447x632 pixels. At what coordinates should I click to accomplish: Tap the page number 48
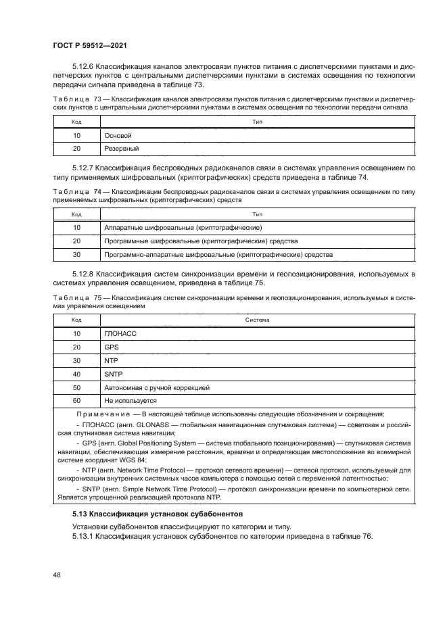[57, 575]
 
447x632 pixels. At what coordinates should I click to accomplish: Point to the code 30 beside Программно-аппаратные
[76, 254]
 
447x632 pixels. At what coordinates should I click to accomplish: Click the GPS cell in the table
[112, 347]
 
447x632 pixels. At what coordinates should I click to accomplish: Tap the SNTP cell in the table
[114, 374]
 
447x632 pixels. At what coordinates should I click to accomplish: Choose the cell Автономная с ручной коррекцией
[157, 387]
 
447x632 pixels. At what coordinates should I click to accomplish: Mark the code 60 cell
[76, 400]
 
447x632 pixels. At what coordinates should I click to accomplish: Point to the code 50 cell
[76, 387]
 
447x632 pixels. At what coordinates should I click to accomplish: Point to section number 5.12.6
[83, 67]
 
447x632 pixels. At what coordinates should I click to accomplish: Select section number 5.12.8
[83, 274]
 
